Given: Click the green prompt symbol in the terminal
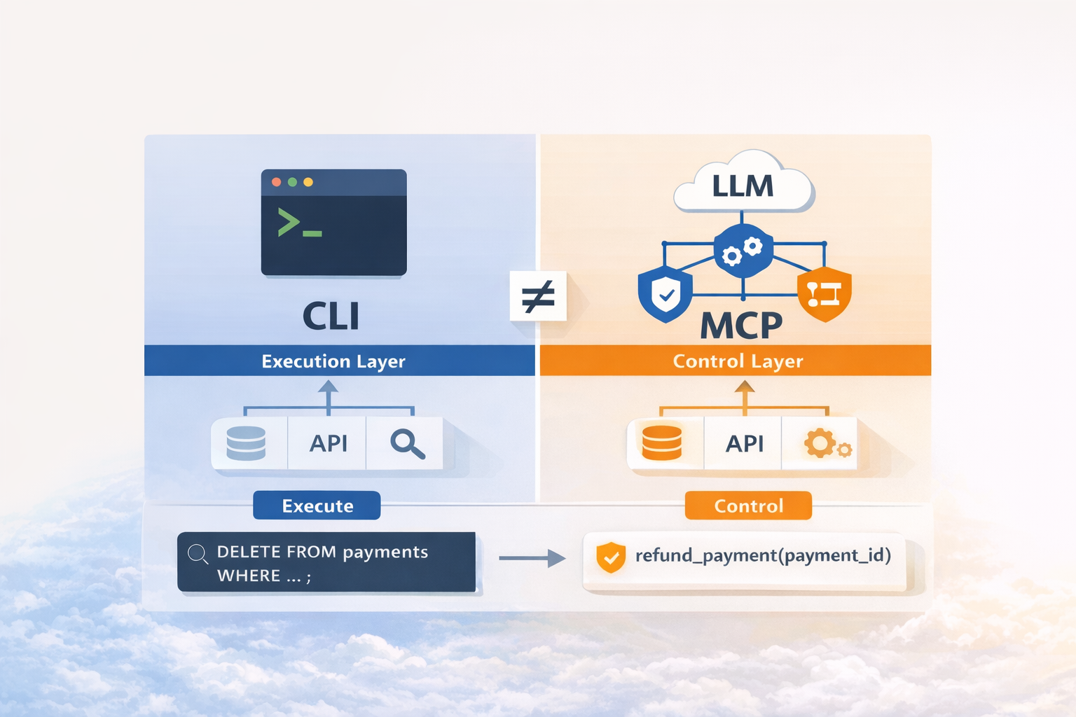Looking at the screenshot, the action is point(299,223).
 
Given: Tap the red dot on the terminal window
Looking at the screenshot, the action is point(276,182).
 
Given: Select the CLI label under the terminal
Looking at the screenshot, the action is point(331,316).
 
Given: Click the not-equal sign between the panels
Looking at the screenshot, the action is point(538,295).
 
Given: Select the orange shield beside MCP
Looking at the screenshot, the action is point(825,294).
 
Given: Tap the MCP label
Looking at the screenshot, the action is point(741,326).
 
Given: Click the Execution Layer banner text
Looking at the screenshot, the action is point(333,361).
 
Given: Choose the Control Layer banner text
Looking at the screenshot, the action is point(738,361).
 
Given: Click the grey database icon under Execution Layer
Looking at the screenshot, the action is point(246,443).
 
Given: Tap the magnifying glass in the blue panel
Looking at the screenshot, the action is point(407,444).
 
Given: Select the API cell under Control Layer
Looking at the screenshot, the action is point(743,443).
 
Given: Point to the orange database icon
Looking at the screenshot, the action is point(662,443).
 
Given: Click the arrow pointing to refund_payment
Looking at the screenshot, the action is point(532,558).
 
